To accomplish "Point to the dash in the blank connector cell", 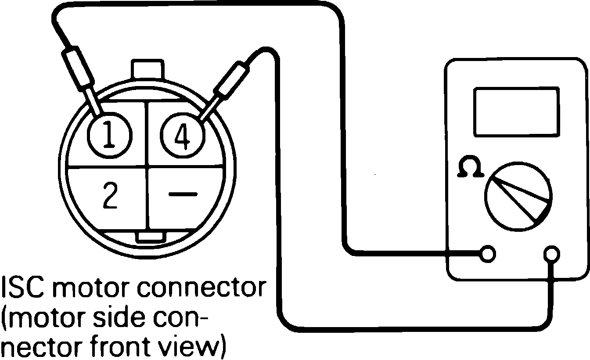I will point(183,194).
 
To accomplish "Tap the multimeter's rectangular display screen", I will point(516,112).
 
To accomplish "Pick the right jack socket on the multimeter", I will point(551,254).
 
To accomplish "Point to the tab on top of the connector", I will point(147,70).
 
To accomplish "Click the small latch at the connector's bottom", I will point(151,237).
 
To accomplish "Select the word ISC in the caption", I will point(22,288).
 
